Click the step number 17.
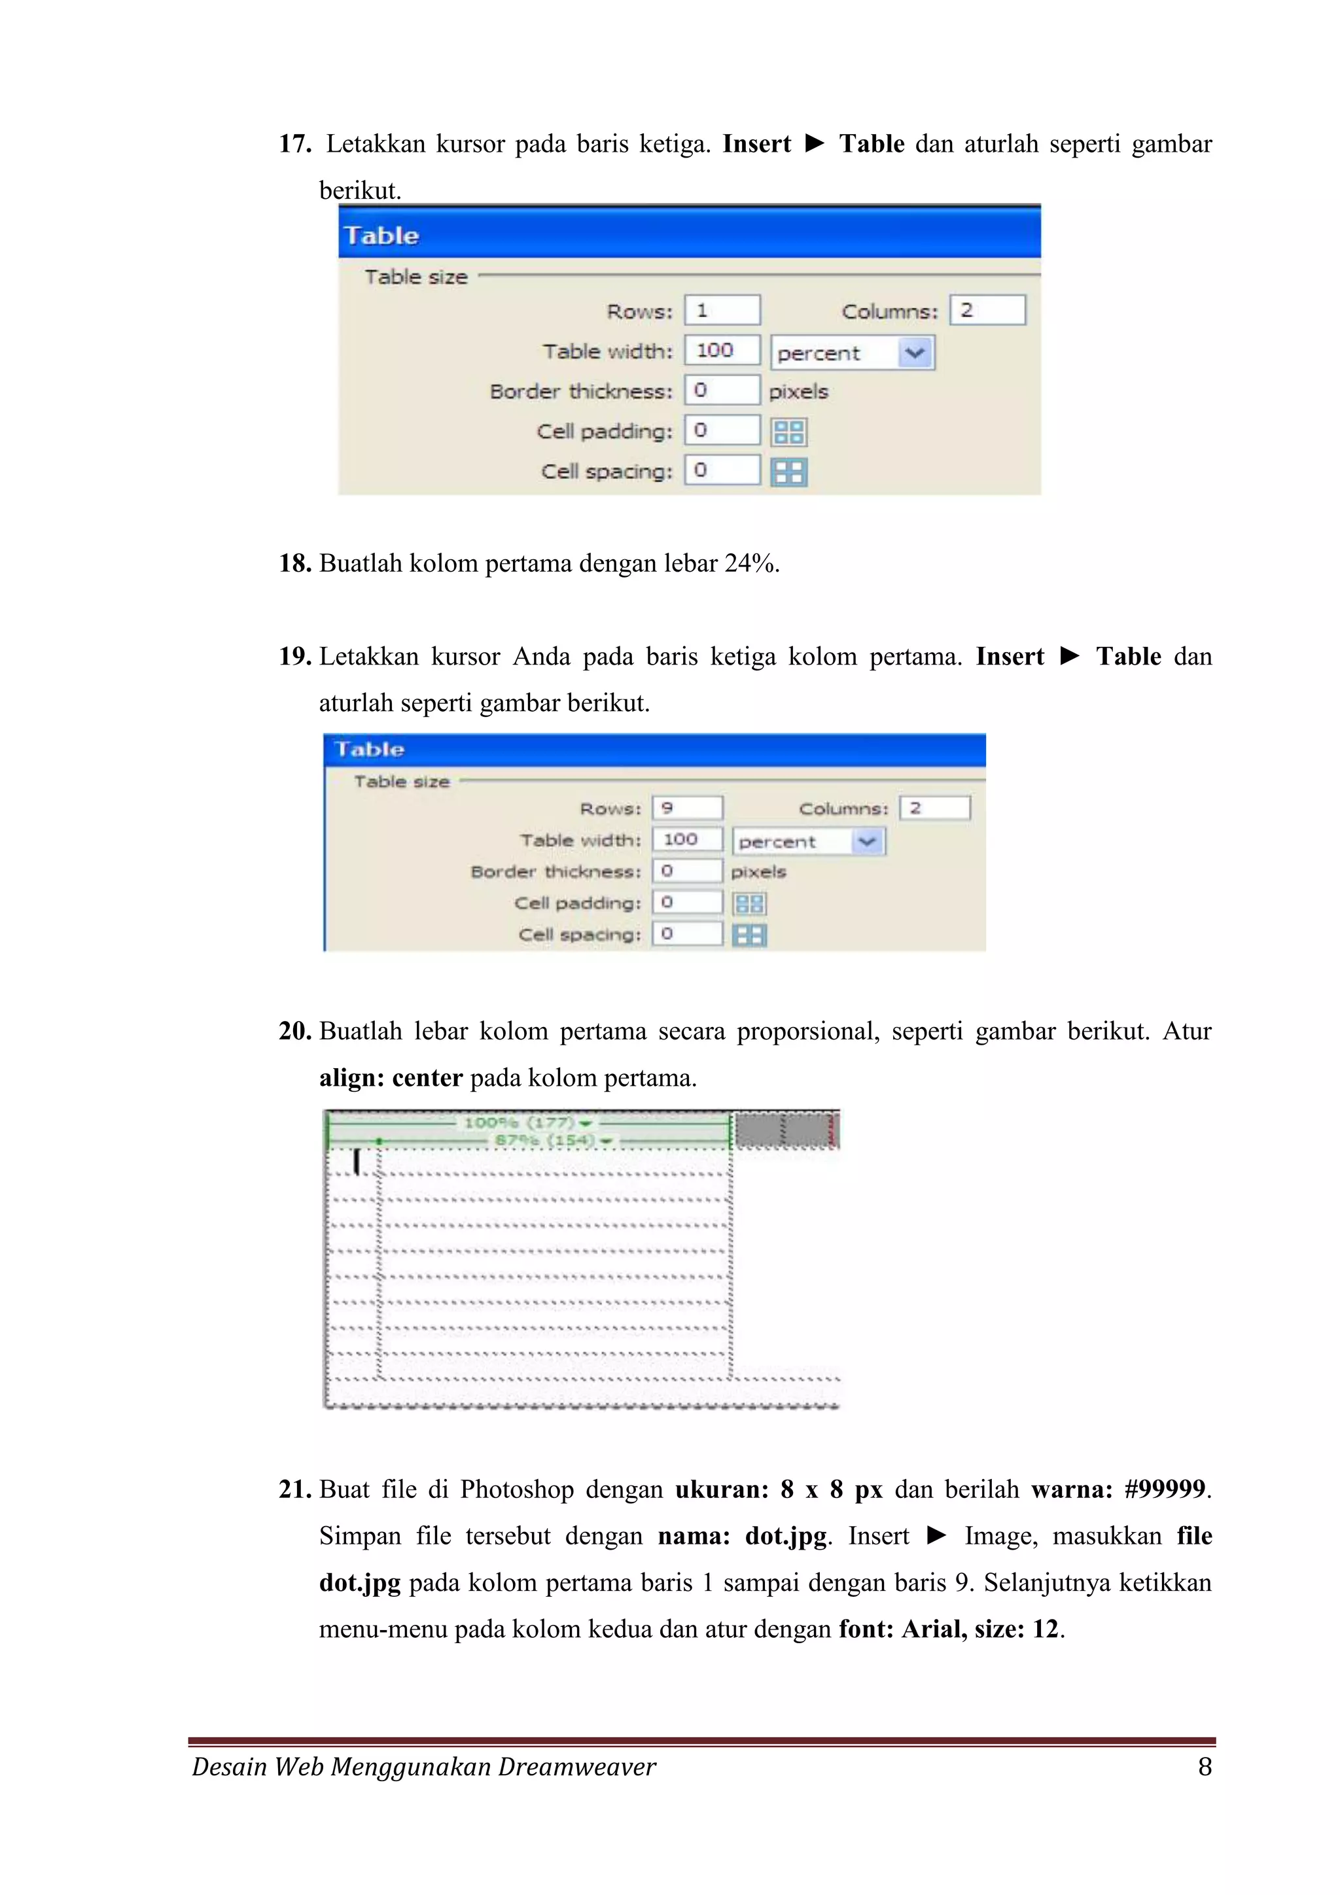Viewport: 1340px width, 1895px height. tap(294, 145)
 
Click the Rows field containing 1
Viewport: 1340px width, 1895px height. tap(721, 310)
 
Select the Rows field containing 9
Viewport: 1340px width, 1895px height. tap(686, 807)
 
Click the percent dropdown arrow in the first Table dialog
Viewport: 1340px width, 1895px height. tap(915, 353)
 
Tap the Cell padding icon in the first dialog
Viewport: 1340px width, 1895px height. tap(788, 432)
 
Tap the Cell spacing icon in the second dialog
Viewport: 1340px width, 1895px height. tap(749, 935)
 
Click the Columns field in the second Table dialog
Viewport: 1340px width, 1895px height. tap(934, 807)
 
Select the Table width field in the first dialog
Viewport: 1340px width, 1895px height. tap(721, 350)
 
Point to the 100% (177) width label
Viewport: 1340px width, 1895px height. tap(520, 1123)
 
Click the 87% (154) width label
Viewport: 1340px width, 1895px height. tap(544, 1141)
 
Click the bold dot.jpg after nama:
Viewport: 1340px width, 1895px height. tap(785, 1536)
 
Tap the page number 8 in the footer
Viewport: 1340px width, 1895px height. tap(1205, 1766)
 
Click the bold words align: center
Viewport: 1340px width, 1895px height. tap(391, 1078)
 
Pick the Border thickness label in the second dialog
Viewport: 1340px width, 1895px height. tap(555, 871)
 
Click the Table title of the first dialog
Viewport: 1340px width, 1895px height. tap(381, 236)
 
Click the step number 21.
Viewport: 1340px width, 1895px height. tap(294, 1489)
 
